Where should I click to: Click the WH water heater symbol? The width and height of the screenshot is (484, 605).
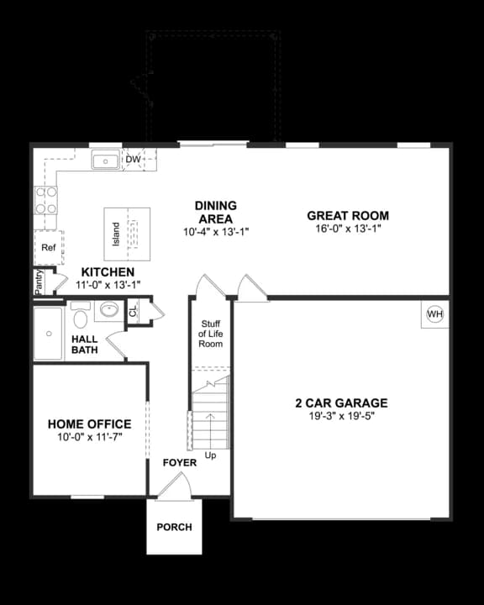434,314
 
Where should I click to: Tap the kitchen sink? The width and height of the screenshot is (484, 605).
106,160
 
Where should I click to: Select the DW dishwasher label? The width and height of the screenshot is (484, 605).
133,159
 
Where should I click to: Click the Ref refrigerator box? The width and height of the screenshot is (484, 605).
48,248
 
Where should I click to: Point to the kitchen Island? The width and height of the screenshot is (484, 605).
127,234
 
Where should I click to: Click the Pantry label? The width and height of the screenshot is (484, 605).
39,281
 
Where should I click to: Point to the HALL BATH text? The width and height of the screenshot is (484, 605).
84,345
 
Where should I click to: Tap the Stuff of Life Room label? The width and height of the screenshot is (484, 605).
210,334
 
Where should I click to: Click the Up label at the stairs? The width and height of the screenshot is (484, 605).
210,455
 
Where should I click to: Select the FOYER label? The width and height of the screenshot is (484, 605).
180,463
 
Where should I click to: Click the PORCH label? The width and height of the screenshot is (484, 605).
174,528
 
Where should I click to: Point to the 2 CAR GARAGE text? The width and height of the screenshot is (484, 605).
341,403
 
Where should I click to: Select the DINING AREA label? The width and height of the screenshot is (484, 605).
216,212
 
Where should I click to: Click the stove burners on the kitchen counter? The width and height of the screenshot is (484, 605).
45,200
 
